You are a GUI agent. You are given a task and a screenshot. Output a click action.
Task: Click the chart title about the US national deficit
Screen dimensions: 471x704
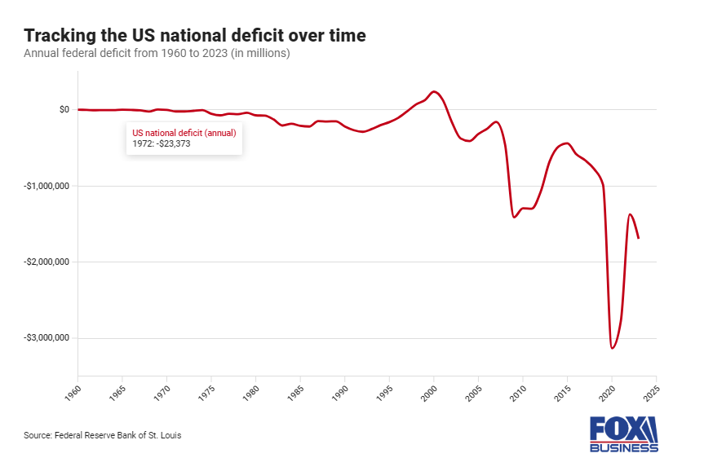[x=194, y=35]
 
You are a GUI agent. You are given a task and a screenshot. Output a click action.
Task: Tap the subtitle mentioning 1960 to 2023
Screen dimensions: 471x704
[x=157, y=54]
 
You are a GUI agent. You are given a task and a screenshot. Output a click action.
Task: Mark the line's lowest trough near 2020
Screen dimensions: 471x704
[x=612, y=348]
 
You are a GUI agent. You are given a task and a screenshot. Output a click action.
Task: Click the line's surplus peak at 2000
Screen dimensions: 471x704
[x=434, y=91]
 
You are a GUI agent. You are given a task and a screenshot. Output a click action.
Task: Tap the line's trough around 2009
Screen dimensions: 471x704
[x=514, y=217]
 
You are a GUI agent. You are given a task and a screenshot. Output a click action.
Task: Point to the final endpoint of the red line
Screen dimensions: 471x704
[x=639, y=238]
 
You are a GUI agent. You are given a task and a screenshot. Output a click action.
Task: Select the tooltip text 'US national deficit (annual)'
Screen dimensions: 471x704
[x=184, y=132]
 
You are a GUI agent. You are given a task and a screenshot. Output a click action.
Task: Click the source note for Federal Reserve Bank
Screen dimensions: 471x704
[x=102, y=435]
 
